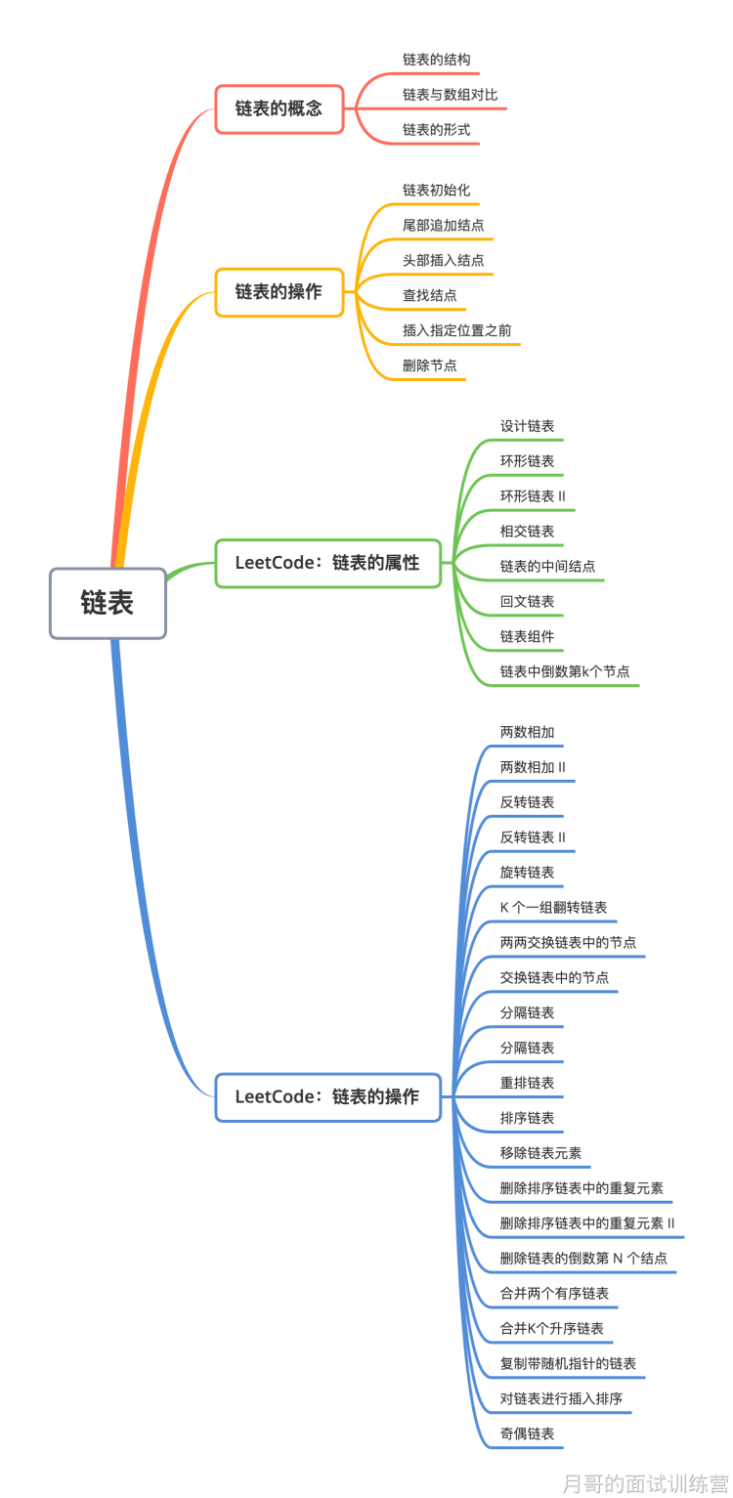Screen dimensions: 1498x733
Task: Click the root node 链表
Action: click(x=108, y=604)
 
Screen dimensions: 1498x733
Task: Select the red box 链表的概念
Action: click(x=279, y=108)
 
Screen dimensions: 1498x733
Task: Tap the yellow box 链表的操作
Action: click(x=279, y=292)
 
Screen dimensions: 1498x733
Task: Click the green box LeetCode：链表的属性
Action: click(x=327, y=563)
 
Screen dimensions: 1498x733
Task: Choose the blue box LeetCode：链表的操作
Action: click(x=327, y=1097)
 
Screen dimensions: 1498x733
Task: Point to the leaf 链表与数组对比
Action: click(x=450, y=95)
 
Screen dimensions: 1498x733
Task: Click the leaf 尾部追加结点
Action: click(x=443, y=225)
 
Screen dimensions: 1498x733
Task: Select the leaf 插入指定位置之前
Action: click(x=456, y=330)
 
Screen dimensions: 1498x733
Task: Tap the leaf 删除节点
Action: click(x=429, y=365)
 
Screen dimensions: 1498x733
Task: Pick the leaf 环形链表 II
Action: click(x=533, y=496)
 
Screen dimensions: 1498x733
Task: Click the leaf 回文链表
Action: click(x=527, y=602)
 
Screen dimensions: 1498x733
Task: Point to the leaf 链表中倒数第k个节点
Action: click(x=565, y=672)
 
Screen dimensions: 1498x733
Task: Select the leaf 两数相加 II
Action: click(x=533, y=767)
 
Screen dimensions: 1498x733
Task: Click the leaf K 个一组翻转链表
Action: click(x=553, y=908)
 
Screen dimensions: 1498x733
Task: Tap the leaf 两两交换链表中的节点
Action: click(x=568, y=943)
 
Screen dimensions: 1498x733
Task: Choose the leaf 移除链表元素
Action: click(x=540, y=1153)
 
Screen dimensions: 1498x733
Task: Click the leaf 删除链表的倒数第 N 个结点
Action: click(x=583, y=1259)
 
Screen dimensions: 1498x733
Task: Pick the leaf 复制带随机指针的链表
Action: click(x=568, y=1364)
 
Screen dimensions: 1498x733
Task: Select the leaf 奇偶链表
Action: click(x=527, y=1434)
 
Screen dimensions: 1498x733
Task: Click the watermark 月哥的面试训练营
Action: click(x=645, y=1483)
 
